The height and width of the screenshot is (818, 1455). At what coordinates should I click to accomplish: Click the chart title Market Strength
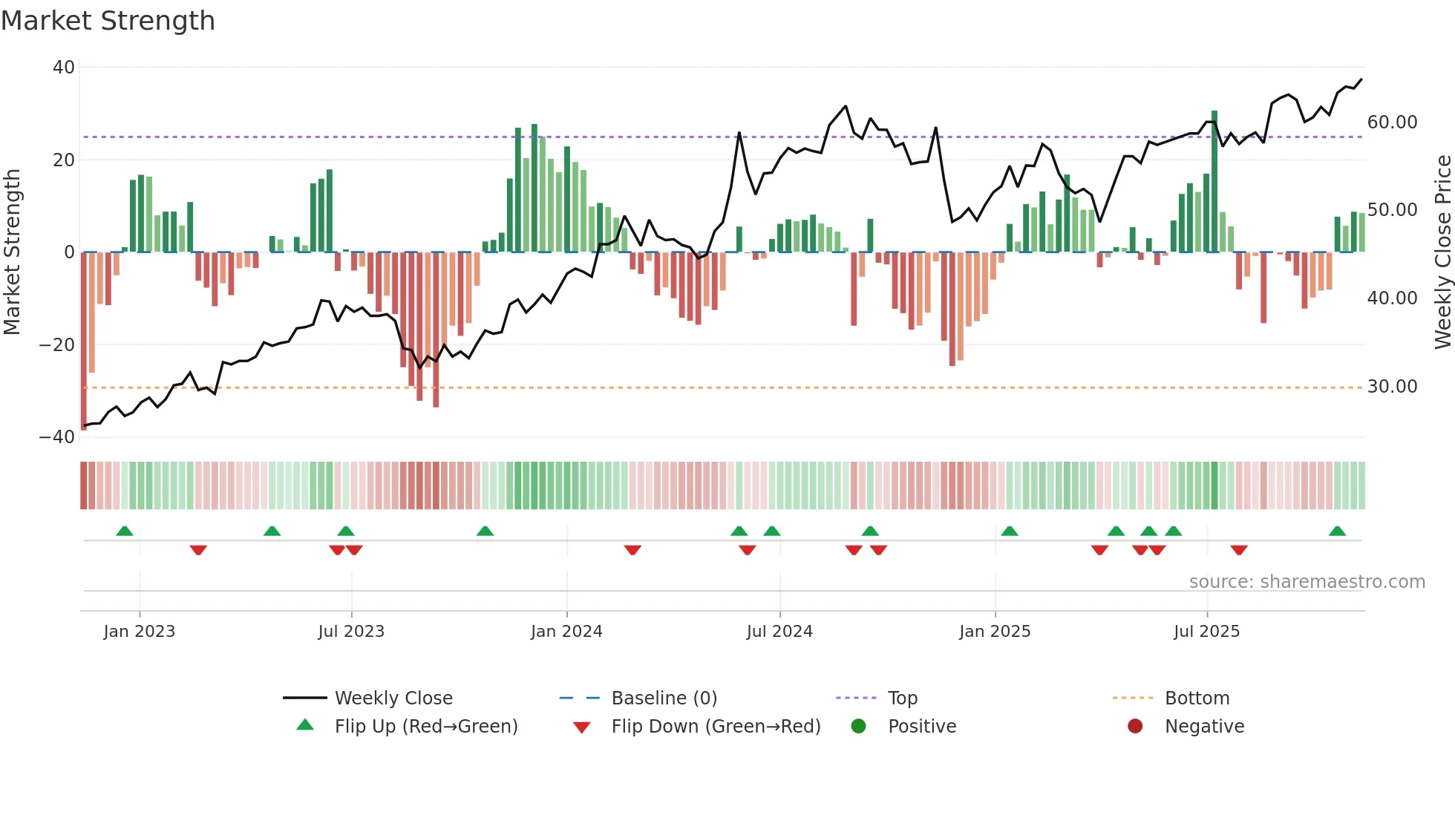point(108,21)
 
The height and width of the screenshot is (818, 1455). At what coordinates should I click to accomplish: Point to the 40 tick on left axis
point(64,68)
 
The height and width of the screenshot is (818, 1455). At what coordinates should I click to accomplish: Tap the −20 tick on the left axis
point(58,345)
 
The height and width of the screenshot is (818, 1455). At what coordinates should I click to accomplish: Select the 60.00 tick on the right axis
point(1392,122)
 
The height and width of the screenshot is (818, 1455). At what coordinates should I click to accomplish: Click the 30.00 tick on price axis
point(1392,387)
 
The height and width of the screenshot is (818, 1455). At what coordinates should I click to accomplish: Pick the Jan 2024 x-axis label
point(566,632)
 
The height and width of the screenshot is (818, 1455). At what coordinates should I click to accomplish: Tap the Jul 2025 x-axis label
point(1206,632)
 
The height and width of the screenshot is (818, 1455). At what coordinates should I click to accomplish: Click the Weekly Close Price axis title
point(1442,252)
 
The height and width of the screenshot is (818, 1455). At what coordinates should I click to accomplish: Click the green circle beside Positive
point(859,727)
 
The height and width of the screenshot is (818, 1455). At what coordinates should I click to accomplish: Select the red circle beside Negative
point(1135,727)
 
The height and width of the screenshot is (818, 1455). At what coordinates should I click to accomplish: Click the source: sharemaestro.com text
point(1307,582)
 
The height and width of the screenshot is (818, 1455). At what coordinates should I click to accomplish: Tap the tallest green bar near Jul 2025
point(1214,182)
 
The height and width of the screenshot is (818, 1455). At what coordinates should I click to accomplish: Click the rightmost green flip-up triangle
point(1337,531)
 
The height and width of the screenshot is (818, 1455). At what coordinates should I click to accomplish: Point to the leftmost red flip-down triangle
point(198,550)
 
